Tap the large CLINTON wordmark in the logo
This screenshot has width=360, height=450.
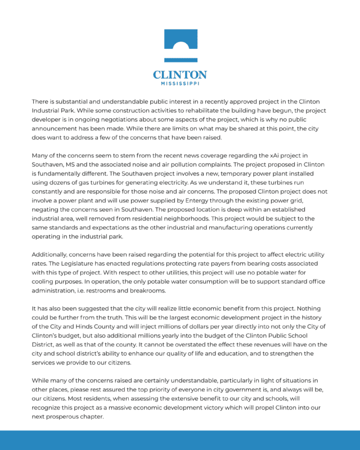tap(180, 74)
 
